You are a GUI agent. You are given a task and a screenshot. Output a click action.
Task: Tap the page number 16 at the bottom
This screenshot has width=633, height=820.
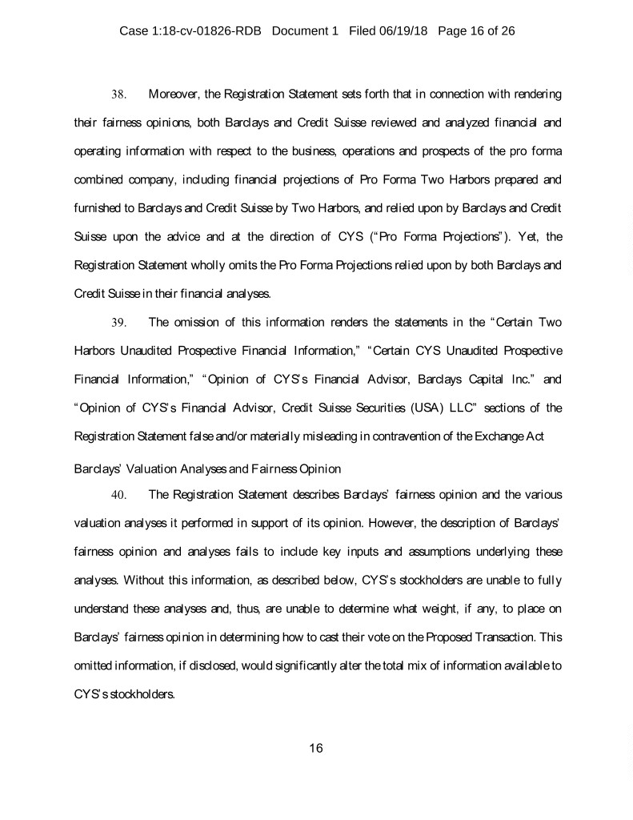[x=315, y=748]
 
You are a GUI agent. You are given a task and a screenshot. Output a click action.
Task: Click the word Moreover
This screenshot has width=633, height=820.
[x=176, y=94]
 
